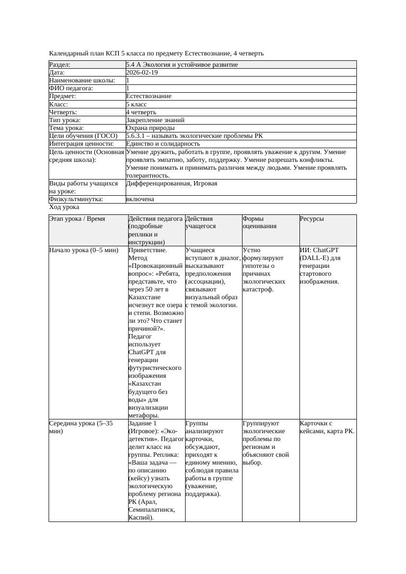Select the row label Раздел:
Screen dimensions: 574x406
tap(60, 65)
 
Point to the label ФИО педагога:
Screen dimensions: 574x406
tap(71, 88)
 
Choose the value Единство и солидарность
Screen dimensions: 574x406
tap(162, 144)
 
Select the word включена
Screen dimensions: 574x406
tap(140, 199)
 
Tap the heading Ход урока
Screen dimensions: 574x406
tap(64, 207)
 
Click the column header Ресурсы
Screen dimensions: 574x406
tap(312, 219)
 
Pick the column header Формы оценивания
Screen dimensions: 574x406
tap(260, 222)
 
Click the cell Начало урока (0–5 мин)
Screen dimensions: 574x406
tap(83, 250)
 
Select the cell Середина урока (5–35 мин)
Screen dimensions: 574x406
tap(81, 427)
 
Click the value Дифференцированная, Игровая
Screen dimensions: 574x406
tap(171, 183)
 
